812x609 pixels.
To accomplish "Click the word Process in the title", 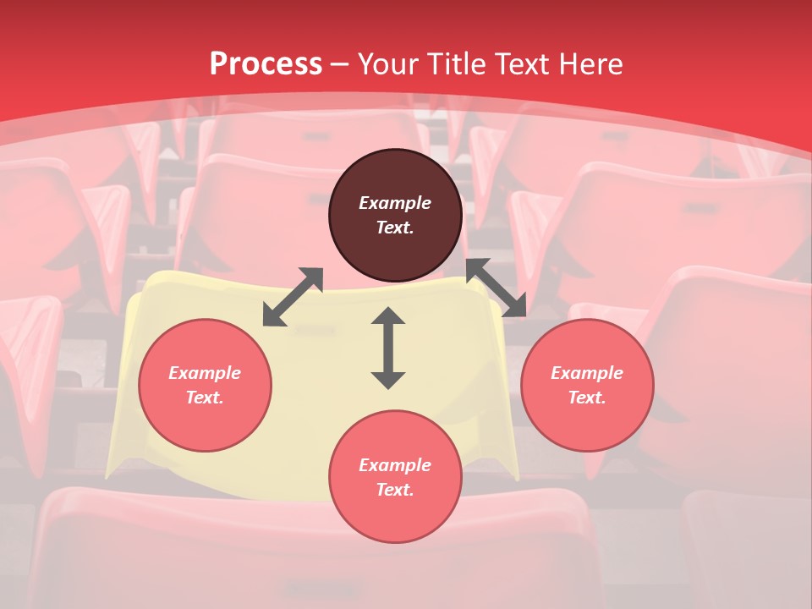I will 266,64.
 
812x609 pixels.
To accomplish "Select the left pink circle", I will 205,423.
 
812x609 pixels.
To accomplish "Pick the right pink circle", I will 587,423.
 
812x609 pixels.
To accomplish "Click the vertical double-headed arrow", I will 388,348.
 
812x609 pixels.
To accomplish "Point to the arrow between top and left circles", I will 293,297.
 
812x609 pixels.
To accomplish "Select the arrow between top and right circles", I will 497,288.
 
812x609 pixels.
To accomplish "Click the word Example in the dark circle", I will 395,203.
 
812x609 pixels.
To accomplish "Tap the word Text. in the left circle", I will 205,398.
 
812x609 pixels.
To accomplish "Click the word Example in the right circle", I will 587,373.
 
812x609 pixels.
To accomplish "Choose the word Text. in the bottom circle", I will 395,490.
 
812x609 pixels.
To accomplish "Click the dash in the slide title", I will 340,64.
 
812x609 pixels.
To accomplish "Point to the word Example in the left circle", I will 205,373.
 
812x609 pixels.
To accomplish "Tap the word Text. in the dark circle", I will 395,228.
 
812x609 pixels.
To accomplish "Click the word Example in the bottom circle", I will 395,465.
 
